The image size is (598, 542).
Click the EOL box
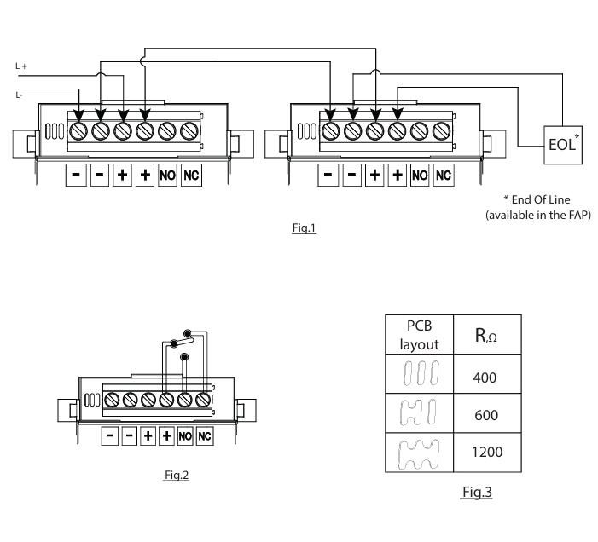click(x=563, y=147)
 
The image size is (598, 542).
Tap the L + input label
click(x=22, y=65)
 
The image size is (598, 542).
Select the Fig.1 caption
click(x=304, y=228)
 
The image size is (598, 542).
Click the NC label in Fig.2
click(x=204, y=435)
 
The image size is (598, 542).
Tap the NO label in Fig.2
click(x=185, y=435)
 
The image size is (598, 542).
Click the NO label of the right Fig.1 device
click(x=420, y=175)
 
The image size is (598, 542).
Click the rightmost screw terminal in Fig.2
click(x=203, y=398)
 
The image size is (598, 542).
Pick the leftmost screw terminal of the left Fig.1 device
click(x=78, y=132)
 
